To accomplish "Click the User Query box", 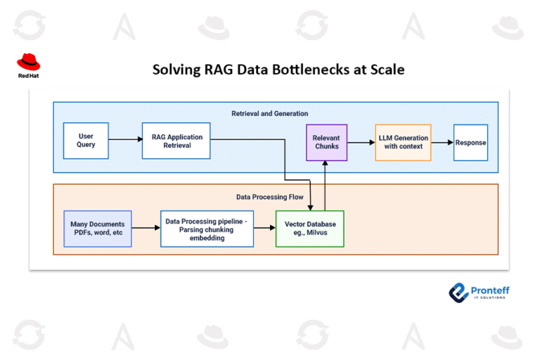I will pyautogui.click(x=86, y=141).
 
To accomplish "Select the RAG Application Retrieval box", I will pyautogui.click(x=176, y=141).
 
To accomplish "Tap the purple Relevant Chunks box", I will pyautogui.click(x=326, y=142).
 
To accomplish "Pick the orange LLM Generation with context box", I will pyautogui.click(x=402, y=142).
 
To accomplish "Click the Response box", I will pyautogui.click(x=470, y=142).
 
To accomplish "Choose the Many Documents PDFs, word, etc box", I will pyautogui.click(x=98, y=229).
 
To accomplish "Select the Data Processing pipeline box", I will pyautogui.click(x=207, y=229).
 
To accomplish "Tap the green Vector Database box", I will pyautogui.click(x=310, y=229).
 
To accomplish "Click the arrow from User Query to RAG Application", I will pyautogui.click(x=125, y=140).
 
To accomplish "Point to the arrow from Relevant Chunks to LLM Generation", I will pyautogui.click(x=361, y=142).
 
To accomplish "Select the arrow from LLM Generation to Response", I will pyautogui.click(x=442, y=142).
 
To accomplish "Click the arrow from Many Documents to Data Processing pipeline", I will pyautogui.click(x=146, y=229).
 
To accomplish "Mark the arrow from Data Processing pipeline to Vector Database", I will pyautogui.click(x=264, y=229).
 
